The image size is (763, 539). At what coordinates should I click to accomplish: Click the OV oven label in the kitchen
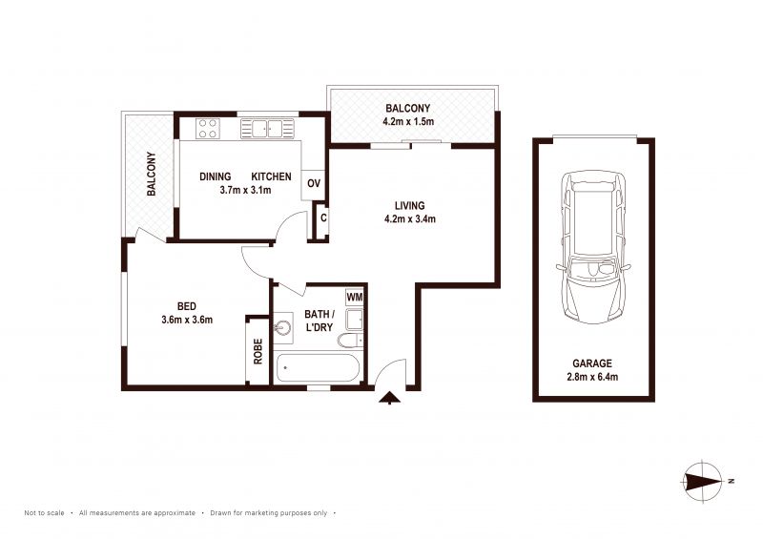(x=314, y=183)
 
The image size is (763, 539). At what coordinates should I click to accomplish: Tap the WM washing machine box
(x=354, y=297)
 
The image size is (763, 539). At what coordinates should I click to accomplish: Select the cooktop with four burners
(x=208, y=128)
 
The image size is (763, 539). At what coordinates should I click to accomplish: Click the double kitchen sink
(x=267, y=129)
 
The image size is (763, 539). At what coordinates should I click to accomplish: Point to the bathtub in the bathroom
(x=318, y=368)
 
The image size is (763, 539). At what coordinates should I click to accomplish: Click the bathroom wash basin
(x=283, y=326)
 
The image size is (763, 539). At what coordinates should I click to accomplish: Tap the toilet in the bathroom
(x=350, y=341)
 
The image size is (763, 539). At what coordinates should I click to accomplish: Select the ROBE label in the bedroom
(x=258, y=351)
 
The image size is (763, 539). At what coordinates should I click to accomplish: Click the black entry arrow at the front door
(x=389, y=398)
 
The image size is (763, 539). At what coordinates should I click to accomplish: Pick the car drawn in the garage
(x=593, y=247)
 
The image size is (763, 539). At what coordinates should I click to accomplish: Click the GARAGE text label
(x=592, y=363)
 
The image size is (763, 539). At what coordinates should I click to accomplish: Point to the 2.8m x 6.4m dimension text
(x=592, y=377)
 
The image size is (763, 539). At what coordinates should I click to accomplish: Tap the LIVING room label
(x=410, y=205)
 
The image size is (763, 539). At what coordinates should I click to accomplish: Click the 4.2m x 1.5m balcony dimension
(x=408, y=121)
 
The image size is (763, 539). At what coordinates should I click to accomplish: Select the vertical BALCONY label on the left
(x=152, y=174)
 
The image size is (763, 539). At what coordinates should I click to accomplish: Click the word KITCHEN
(x=271, y=176)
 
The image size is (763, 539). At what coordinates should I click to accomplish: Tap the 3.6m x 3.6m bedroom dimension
(x=187, y=320)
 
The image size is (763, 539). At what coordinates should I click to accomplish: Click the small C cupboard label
(x=323, y=218)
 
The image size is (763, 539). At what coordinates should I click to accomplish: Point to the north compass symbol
(x=704, y=481)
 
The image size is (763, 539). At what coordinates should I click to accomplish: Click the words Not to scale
(x=44, y=512)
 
